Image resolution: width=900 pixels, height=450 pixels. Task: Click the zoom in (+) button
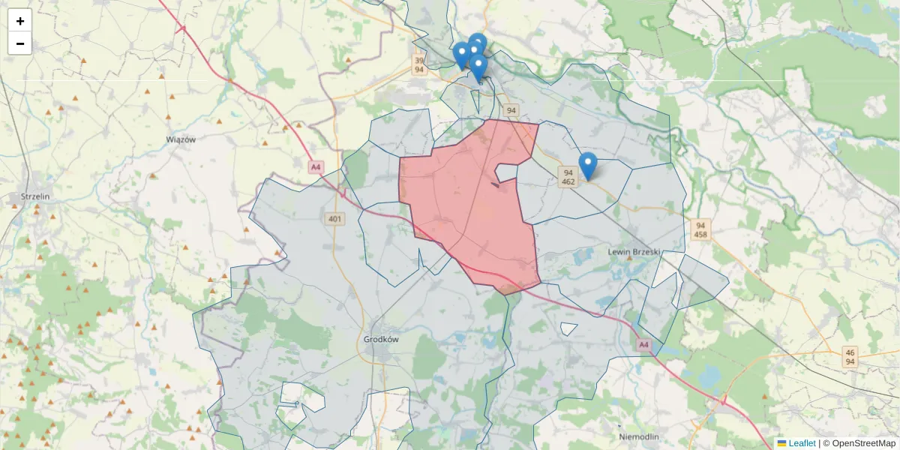coord(20,21)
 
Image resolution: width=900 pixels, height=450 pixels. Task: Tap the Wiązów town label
coord(181,139)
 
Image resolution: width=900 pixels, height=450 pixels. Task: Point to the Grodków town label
coord(381,339)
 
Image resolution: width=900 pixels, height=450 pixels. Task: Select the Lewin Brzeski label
coord(634,252)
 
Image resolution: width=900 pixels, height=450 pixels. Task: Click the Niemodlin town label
coord(639,436)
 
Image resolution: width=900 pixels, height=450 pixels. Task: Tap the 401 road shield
coord(335,219)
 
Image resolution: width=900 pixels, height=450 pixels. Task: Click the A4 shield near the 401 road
coord(316,167)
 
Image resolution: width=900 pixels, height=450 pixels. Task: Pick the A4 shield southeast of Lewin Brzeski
coord(643,345)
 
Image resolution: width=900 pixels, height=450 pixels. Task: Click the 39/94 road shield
coord(420,65)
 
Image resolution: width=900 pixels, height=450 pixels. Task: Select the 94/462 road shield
coord(568,177)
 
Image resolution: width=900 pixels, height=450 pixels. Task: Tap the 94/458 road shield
coord(700,229)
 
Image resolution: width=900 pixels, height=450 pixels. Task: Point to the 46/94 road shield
coord(850,357)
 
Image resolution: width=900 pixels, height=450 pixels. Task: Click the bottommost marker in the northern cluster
coord(478,68)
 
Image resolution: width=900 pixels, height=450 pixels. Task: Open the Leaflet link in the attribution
coord(802,443)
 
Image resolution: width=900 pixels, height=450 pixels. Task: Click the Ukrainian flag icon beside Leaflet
coord(781,443)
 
